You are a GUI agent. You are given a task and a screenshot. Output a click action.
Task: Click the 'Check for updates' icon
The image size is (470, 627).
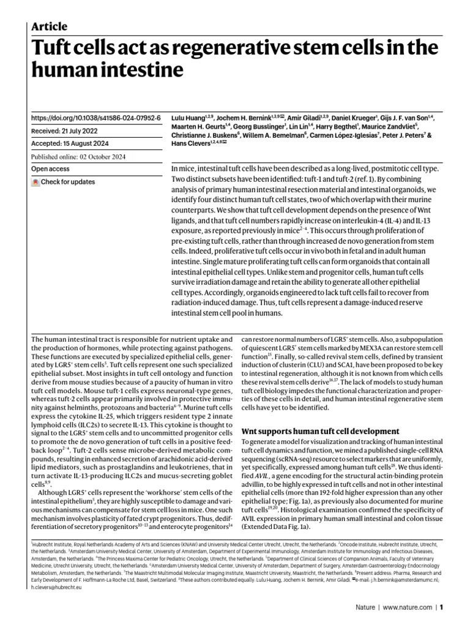36,182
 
